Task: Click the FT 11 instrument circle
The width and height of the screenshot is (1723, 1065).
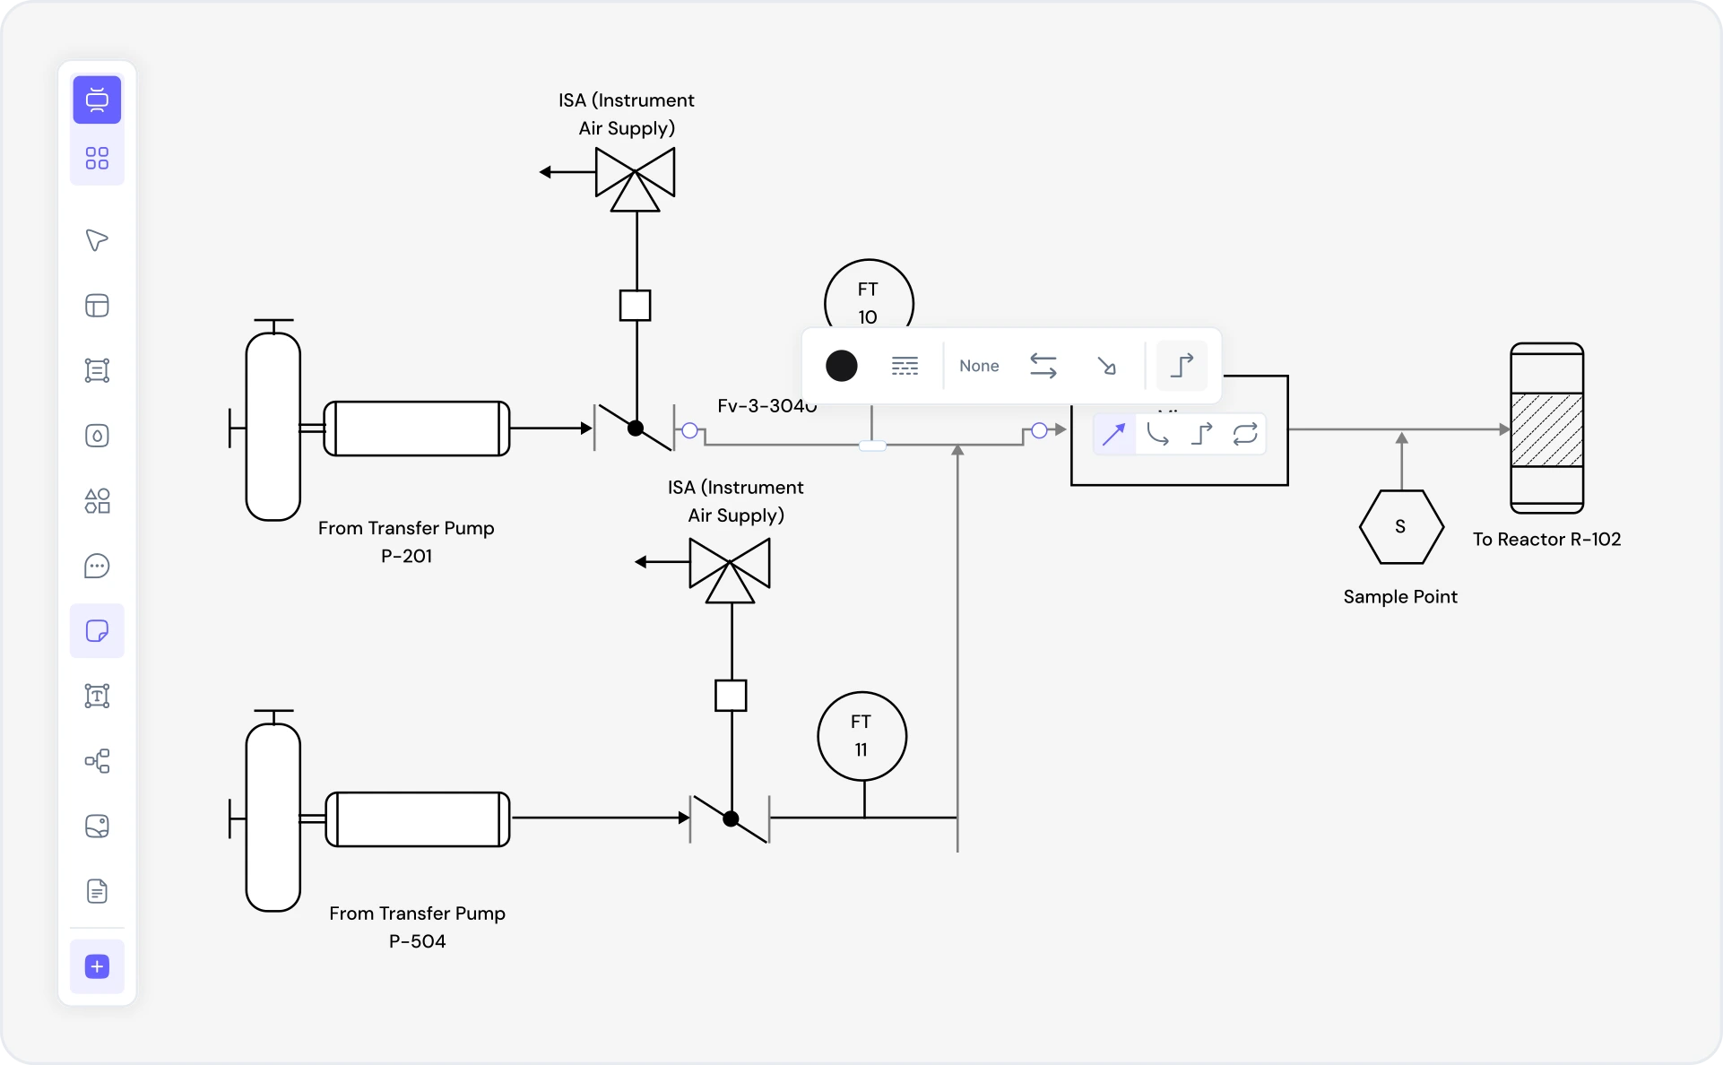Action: pyautogui.click(x=861, y=735)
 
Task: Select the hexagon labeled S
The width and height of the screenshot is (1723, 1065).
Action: pyautogui.click(x=1400, y=526)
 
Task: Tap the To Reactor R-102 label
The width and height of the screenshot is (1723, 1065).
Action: pyautogui.click(x=1546, y=539)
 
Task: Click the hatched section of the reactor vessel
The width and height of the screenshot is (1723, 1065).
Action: pyautogui.click(x=1546, y=429)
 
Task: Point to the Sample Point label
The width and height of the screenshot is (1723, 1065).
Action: pyautogui.click(x=1399, y=596)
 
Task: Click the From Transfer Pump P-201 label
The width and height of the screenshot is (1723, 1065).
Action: pyautogui.click(x=406, y=541)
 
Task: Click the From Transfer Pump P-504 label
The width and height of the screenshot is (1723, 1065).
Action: pyautogui.click(x=417, y=927)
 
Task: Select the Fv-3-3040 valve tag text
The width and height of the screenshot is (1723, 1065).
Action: pyautogui.click(x=766, y=406)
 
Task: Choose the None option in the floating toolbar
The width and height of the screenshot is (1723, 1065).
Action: pyautogui.click(x=979, y=366)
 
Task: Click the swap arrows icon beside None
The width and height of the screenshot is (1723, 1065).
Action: pyautogui.click(x=1043, y=366)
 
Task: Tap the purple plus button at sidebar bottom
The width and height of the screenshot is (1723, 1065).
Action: pyautogui.click(x=97, y=966)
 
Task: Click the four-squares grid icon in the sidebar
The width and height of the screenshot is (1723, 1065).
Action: pyautogui.click(x=97, y=159)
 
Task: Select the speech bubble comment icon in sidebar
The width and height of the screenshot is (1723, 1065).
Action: pyautogui.click(x=97, y=567)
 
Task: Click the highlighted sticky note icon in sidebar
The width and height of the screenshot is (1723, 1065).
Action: pyautogui.click(x=97, y=631)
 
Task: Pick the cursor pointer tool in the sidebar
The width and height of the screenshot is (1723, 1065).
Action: pyautogui.click(x=97, y=240)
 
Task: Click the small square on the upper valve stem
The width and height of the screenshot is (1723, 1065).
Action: pyautogui.click(x=636, y=306)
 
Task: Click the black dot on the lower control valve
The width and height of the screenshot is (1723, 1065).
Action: pyautogui.click(x=731, y=818)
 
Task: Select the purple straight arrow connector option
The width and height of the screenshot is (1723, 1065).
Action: pyautogui.click(x=1113, y=435)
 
